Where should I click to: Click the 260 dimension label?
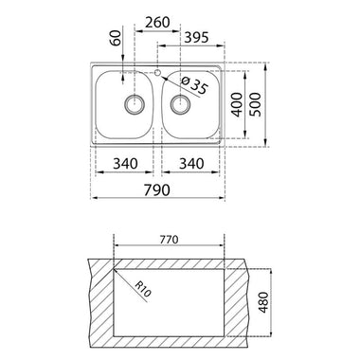(157, 22)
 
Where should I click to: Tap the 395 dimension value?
(196, 37)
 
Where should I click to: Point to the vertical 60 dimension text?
(117, 38)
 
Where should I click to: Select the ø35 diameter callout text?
(195, 85)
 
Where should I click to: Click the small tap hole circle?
(157, 73)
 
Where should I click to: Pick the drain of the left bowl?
(135, 103)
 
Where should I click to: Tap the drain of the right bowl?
(180, 103)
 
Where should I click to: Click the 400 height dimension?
(238, 104)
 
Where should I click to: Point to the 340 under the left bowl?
(125, 164)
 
